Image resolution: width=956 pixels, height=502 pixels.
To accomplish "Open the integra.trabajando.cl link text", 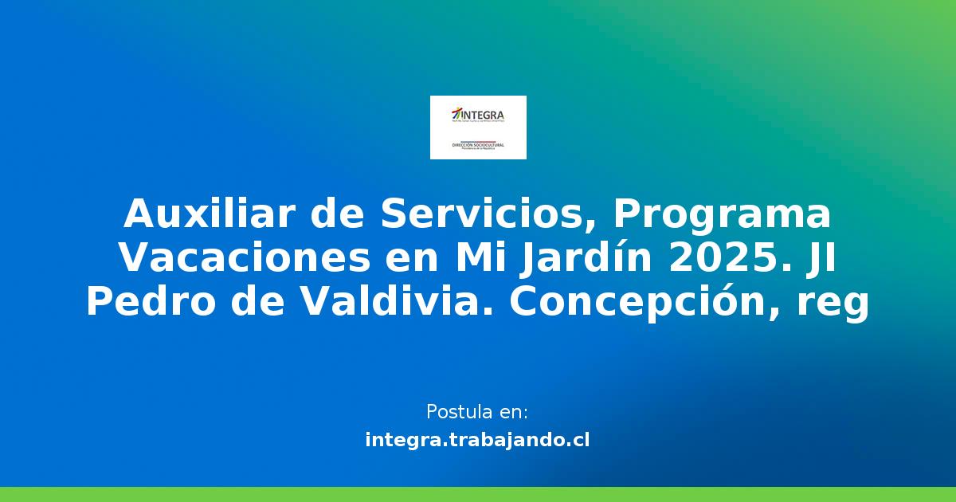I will click(x=477, y=440).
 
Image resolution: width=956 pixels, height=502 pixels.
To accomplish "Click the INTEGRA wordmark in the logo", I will click(x=484, y=114).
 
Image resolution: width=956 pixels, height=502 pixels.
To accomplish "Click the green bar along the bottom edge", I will click(x=478, y=494).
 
